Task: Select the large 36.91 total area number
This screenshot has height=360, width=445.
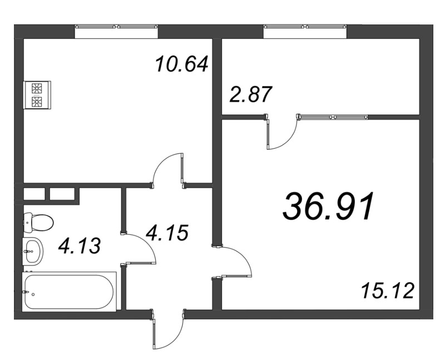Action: click(328, 206)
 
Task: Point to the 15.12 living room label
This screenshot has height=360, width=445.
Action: click(387, 290)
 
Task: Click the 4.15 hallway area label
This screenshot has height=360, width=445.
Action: click(167, 233)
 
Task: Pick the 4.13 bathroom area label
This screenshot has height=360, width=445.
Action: click(80, 246)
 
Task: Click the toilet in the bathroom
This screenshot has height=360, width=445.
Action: click(38, 223)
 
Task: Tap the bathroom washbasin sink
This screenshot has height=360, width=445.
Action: click(33, 251)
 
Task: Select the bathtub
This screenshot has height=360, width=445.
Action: click(69, 292)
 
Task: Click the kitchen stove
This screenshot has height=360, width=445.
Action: click(38, 95)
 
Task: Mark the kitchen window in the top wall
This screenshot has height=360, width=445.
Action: click(116, 27)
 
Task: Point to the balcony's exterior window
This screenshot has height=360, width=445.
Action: click(305, 27)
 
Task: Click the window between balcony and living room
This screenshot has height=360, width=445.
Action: click(333, 117)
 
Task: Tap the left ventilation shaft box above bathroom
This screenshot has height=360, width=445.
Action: click(34, 194)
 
